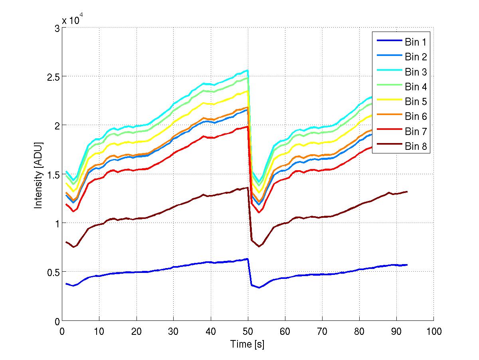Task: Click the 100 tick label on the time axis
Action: pos(433,331)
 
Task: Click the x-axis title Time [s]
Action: pos(247,344)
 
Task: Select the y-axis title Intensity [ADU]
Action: pos(39,175)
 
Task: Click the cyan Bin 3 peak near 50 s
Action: pos(248,70)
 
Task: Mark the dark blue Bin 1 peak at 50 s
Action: pos(248,259)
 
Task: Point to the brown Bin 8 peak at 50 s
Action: pos(248,187)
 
